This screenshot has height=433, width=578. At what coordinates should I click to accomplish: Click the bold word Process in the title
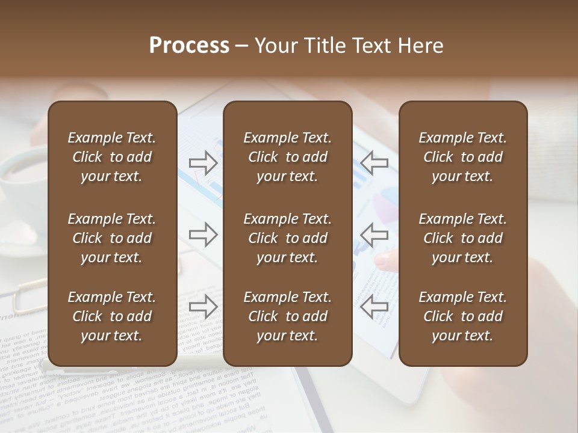(x=189, y=46)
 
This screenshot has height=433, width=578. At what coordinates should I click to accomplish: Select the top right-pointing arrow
(x=204, y=162)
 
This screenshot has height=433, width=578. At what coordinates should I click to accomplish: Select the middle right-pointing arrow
(x=204, y=235)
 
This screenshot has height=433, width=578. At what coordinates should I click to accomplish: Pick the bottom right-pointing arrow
(x=204, y=307)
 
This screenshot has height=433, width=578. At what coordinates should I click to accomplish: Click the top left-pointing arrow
(x=374, y=162)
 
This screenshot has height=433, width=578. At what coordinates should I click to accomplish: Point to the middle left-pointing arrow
(x=374, y=235)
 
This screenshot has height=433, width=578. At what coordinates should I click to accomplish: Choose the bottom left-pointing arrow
(x=374, y=307)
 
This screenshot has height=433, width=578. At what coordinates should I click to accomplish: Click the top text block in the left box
(x=112, y=157)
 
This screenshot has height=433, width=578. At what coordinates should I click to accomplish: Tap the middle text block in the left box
(x=112, y=238)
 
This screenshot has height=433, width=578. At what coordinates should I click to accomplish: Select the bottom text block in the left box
(x=112, y=316)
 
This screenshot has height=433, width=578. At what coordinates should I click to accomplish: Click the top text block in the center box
(x=287, y=157)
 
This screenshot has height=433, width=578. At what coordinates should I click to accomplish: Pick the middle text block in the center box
(x=287, y=238)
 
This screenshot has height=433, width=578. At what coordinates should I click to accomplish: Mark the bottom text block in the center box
(x=287, y=316)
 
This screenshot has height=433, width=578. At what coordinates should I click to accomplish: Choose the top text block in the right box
(x=462, y=157)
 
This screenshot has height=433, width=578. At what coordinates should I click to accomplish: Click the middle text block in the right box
(x=462, y=238)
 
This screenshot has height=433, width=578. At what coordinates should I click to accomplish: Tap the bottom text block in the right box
(x=462, y=316)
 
